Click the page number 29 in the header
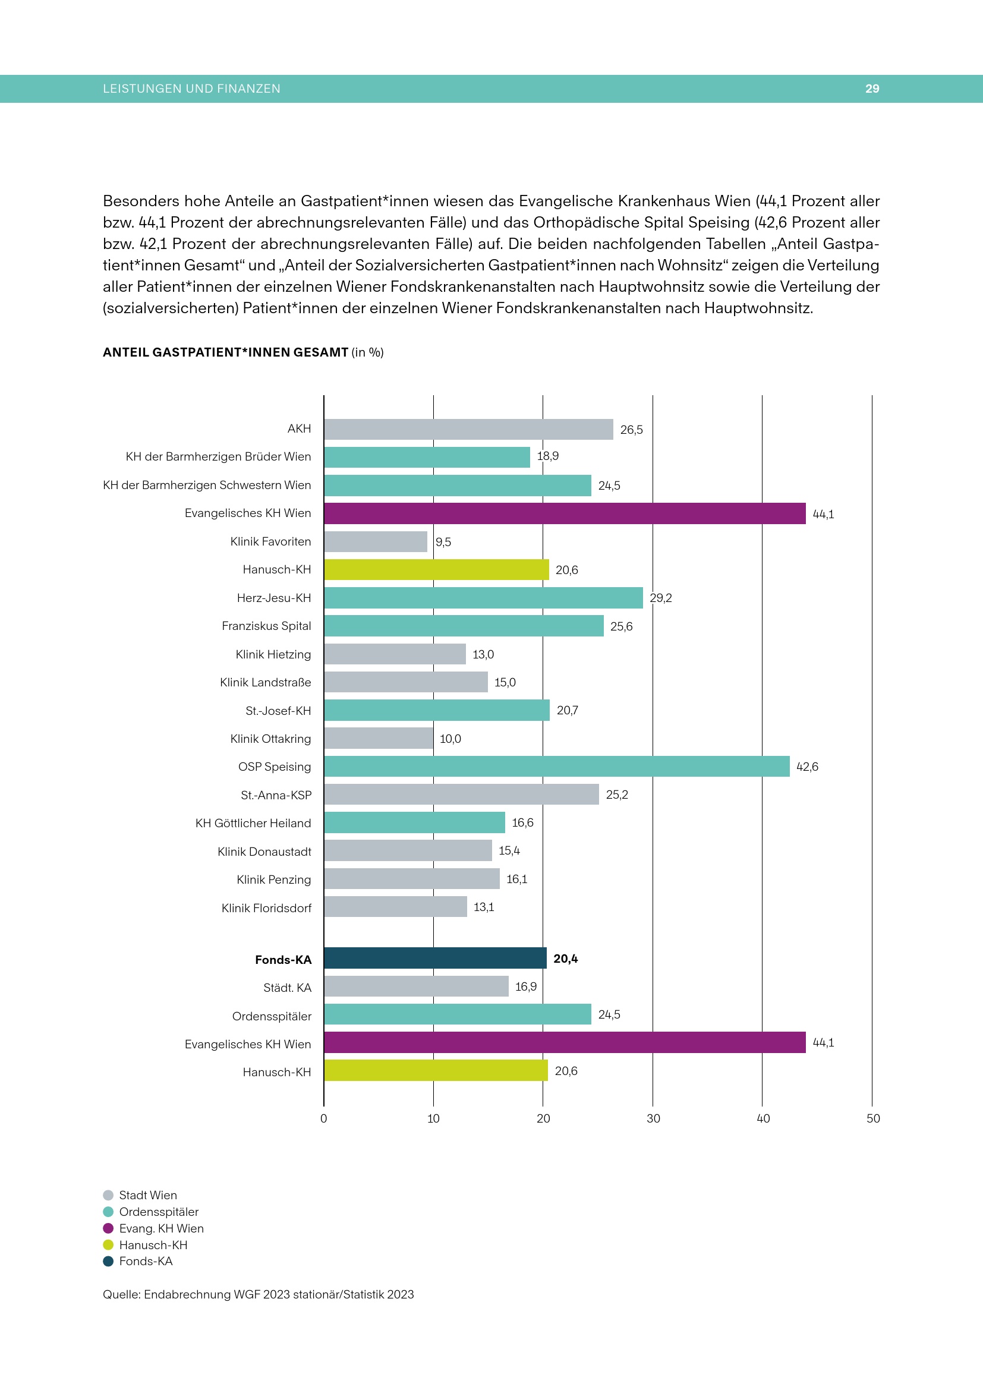point(872,89)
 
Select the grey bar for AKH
point(468,429)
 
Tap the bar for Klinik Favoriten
point(375,542)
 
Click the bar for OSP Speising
point(556,767)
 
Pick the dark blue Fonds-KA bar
point(434,959)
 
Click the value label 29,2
point(660,598)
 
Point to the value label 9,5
point(443,542)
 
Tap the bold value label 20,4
point(565,959)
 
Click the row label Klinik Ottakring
point(270,739)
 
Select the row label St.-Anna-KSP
point(276,795)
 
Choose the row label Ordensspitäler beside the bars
point(272,1016)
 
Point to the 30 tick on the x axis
point(653,1118)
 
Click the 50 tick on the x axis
point(873,1118)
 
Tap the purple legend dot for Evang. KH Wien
point(108,1228)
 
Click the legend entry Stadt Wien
point(148,1195)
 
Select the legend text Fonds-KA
point(146,1261)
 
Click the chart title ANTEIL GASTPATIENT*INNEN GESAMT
point(226,352)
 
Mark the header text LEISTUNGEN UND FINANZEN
point(191,89)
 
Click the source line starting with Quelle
point(258,1294)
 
